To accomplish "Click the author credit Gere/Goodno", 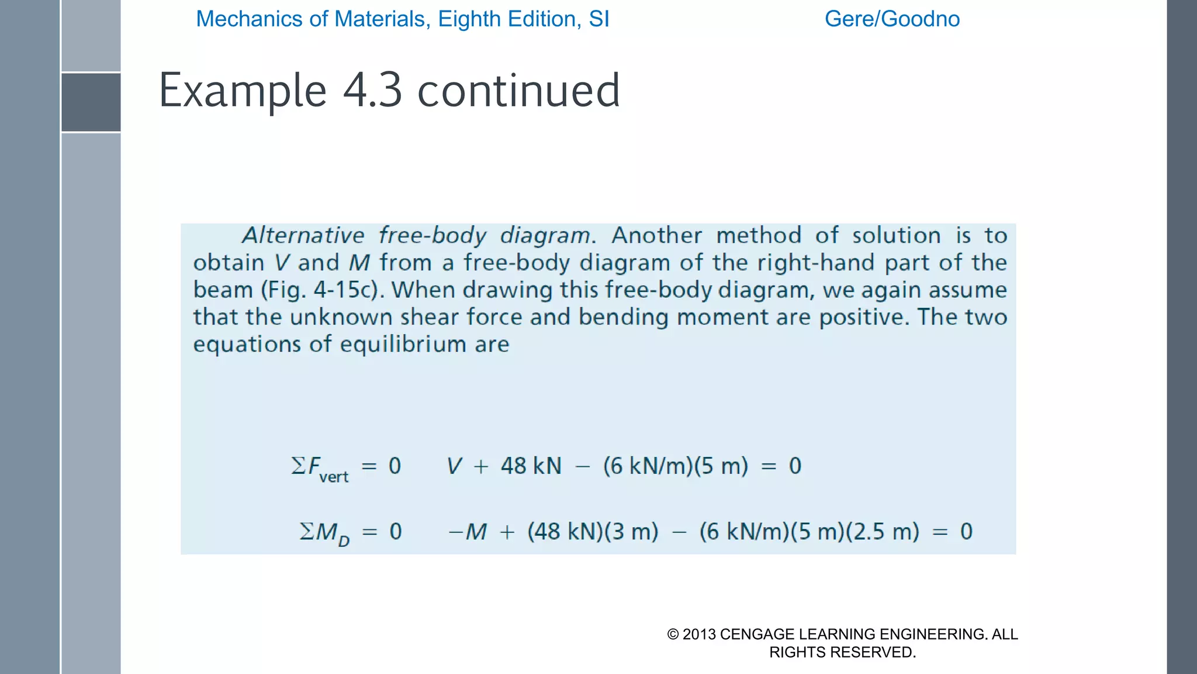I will (x=892, y=19).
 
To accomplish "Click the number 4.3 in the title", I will (x=372, y=91).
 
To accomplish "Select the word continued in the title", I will (x=518, y=91).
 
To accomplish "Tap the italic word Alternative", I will (x=303, y=235).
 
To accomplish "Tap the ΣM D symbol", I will (x=324, y=533).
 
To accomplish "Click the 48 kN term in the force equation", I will (x=531, y=466).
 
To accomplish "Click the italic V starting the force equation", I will (x=454, y=466).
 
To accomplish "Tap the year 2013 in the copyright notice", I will (x=699, y=634).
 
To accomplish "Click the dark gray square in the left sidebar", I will (x=91, y=102).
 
